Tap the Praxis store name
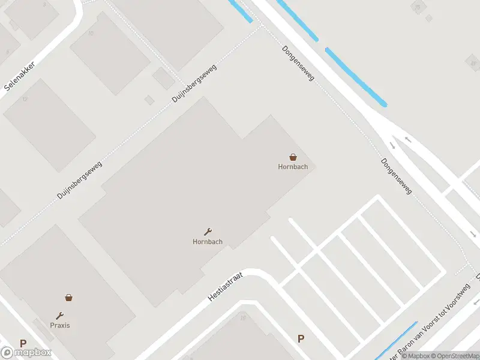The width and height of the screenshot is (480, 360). click(60, 325)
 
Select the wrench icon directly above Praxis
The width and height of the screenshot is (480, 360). click(60, 316)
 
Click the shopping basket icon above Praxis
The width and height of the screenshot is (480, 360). click(69, 297)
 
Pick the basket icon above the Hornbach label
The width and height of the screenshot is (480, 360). click(293, 157)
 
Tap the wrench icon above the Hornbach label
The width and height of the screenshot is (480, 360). click(208, 232)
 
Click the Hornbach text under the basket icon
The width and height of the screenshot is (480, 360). click(293, 167)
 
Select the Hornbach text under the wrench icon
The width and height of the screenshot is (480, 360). click(208, 242)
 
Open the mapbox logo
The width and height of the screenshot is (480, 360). click(26, 353)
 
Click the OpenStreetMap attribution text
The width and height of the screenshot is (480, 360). click(454, 356)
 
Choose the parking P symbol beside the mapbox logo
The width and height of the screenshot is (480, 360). click(23, 344)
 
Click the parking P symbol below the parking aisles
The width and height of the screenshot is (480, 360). click(301, 338)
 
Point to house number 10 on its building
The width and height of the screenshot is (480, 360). click(91, 33)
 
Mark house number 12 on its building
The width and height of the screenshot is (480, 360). click(25, 98)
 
